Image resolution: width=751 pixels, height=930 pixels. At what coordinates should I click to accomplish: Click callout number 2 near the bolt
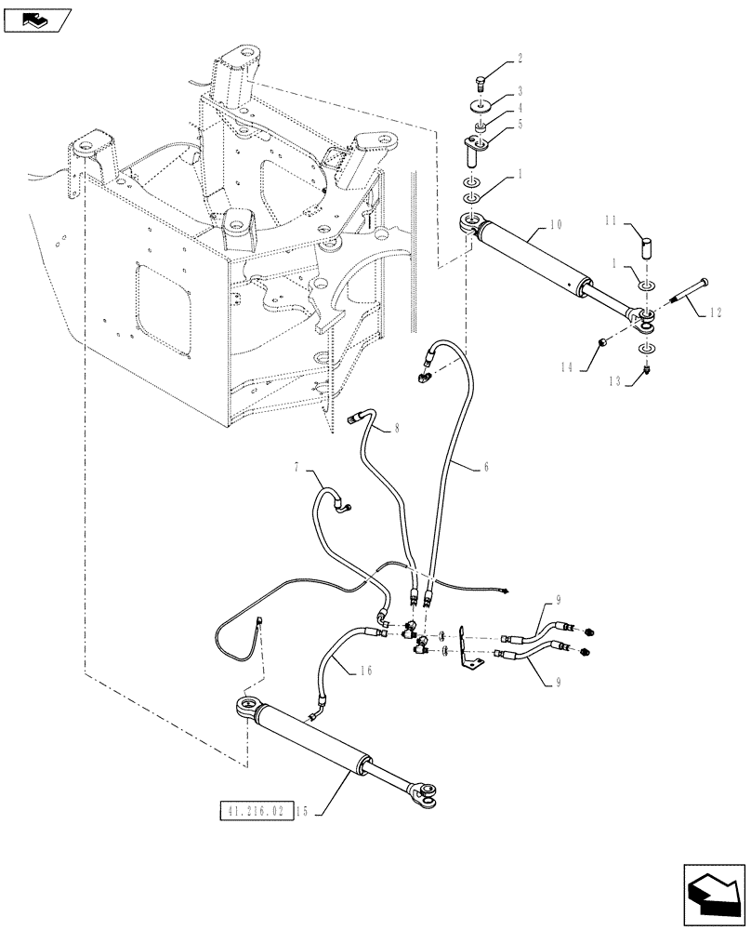pos(520,58)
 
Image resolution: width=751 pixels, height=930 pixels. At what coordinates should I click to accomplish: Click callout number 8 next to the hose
pos(397,429)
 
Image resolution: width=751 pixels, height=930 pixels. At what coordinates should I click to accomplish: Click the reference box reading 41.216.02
pos(256,811)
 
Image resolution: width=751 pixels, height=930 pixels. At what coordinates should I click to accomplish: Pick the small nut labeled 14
pos(602,342)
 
